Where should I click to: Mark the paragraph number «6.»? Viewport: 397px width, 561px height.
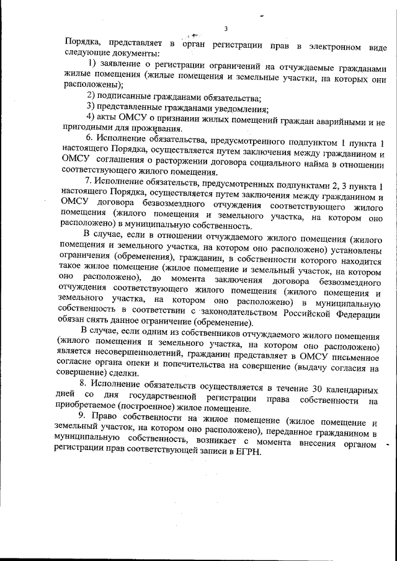(x=90, y=138)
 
